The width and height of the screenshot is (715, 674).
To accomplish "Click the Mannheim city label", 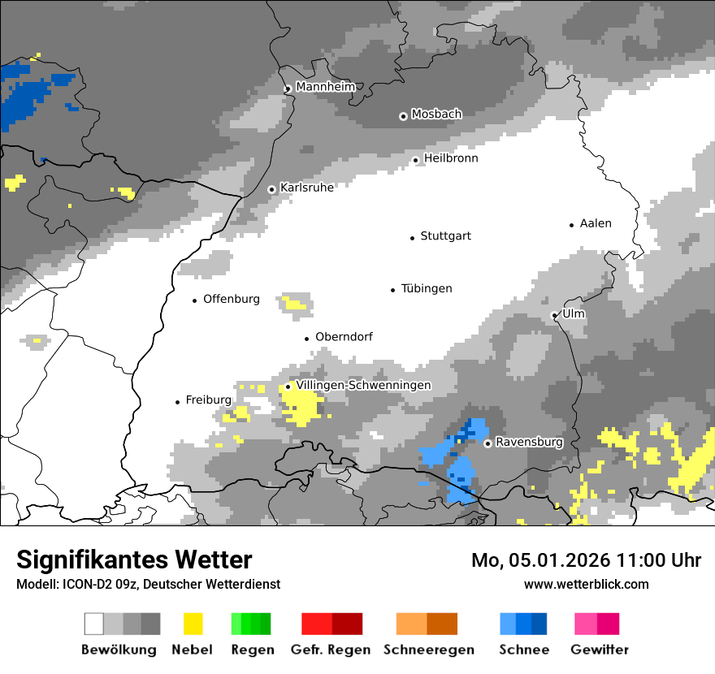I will (x=325, y=87).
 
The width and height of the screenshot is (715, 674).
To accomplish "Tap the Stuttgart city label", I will (x=445, y=236).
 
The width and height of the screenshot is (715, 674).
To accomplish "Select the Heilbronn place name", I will (x=450, y=158).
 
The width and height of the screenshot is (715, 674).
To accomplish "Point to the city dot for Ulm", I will (x=554, y=315).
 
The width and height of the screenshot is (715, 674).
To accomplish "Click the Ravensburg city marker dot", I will (x=487, y=443).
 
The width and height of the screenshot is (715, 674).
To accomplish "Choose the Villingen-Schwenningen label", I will (x=363, y=385).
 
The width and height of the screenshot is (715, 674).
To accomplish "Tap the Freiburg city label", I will (x=208, y=400).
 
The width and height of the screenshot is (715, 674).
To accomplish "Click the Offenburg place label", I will (x=231, y=299).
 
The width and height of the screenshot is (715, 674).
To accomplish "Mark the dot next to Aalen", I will (x=572, y=225).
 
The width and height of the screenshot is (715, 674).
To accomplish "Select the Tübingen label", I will (x=426, y=289).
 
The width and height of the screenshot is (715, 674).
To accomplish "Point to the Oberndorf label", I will (x=344, y=337).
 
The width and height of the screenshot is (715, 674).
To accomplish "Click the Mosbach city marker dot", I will (x=403, y=116).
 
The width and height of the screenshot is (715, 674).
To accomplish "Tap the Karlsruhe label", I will (x=306, y=188).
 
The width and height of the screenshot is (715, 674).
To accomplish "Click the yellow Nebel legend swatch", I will (x=193, y=624).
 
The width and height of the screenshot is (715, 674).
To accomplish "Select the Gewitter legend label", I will (x=599, y=650).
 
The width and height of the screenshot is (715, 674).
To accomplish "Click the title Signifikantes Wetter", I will (x=134, y=560).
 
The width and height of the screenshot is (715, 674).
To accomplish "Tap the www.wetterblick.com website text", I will (x=586, y=584).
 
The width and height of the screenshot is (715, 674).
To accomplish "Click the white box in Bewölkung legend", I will (x=94, y=624).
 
